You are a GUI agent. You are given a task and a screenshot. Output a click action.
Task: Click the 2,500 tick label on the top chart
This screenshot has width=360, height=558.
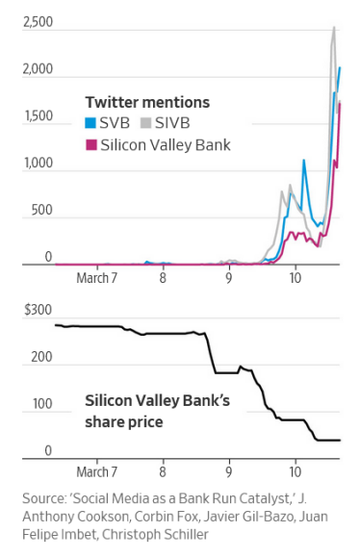[37, 21]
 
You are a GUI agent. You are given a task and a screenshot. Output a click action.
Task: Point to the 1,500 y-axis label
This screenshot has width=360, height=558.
[37, 115]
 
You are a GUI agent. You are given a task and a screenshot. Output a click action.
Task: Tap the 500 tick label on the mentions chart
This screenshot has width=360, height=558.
[40, 210]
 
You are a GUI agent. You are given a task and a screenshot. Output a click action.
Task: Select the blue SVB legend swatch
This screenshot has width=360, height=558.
[91, 122]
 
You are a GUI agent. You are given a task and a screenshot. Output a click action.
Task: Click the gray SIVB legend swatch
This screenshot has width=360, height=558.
[147, 122]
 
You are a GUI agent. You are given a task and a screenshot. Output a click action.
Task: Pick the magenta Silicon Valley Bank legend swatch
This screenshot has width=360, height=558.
[91, 144]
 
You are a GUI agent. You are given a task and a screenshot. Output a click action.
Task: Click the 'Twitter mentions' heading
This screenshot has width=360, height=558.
[147, 102]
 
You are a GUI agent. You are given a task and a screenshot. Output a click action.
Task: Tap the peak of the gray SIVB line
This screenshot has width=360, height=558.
[333, 27]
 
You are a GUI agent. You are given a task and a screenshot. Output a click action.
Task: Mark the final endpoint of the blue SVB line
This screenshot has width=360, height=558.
[339, 67]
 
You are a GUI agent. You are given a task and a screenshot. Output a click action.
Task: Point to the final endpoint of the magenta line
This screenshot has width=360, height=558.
[340, 102]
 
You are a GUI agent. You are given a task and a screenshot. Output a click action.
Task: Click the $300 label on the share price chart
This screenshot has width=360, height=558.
[38, 311]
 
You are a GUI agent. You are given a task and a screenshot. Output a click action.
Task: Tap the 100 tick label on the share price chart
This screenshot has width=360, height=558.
[40, 404]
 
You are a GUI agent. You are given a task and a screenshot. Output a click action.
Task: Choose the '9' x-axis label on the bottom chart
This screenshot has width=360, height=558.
[228, 472]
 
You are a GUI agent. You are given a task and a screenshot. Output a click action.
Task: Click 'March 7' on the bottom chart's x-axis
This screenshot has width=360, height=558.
[97, 472]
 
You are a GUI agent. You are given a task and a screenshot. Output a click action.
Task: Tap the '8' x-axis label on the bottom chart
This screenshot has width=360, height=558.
[162, 472]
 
